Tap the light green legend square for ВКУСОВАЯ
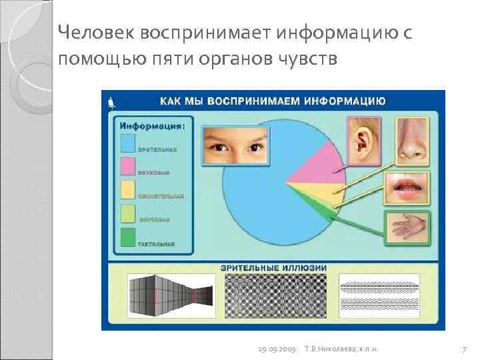coord(127,215)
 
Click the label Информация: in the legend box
coord(153,125)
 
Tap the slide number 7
coord(463,349)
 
